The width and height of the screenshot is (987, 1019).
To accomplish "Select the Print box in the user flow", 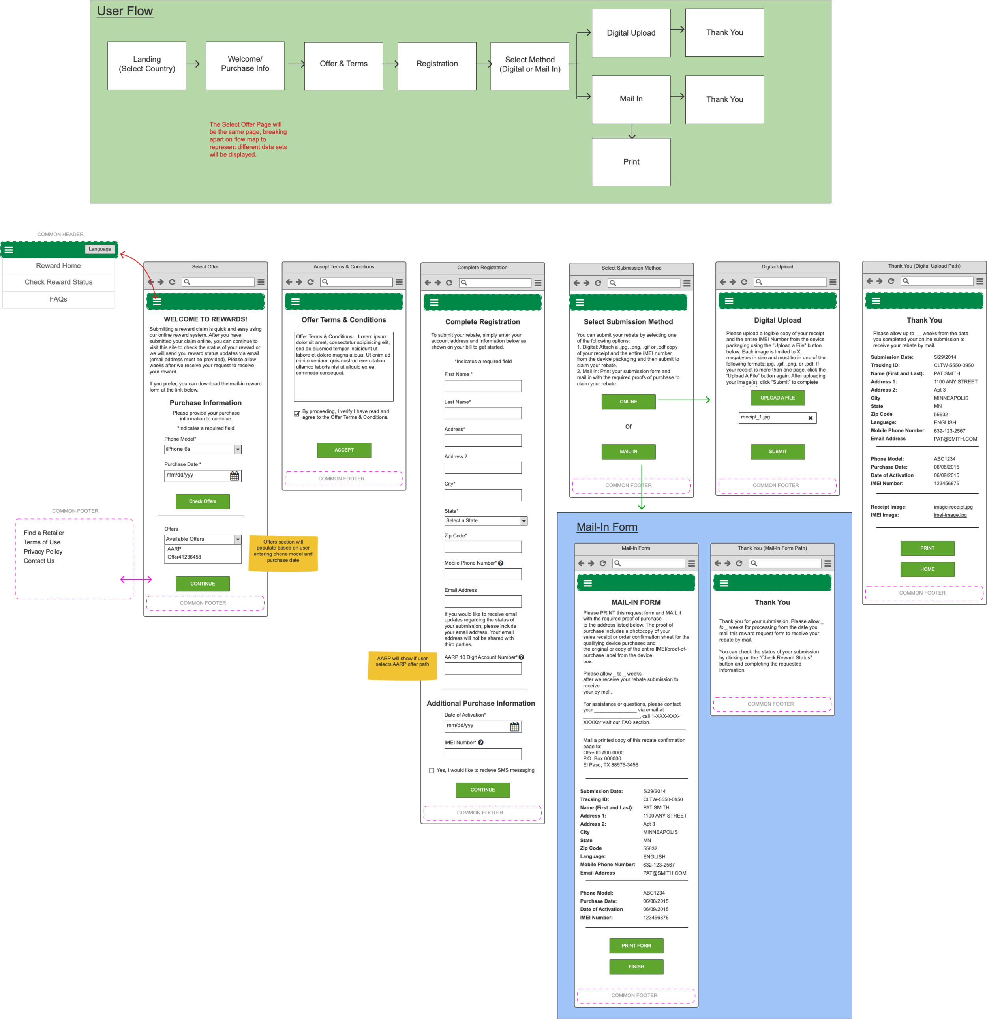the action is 631,162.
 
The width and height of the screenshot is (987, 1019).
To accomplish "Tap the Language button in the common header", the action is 99,249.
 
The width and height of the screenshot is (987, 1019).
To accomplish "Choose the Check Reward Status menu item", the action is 58,282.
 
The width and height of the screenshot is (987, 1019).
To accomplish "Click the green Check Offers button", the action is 202,501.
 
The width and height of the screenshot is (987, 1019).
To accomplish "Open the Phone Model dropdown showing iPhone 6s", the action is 238,449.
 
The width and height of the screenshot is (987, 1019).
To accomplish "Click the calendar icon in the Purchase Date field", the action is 235,476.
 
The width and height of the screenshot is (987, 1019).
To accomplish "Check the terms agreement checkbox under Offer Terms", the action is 296,414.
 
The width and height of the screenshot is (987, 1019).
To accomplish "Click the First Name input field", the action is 482,386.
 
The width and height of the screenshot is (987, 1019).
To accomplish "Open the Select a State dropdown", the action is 523,520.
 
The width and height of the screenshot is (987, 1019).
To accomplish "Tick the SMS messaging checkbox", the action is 432,771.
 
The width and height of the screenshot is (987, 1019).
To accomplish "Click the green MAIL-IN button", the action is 628,451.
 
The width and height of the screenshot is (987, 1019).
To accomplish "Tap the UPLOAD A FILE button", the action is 777,398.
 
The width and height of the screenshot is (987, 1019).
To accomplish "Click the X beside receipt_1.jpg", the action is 810,418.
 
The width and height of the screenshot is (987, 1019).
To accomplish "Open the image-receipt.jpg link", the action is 953,507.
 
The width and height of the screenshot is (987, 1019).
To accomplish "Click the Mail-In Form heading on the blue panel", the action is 607,527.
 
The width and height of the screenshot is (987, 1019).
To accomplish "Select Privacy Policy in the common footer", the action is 43,552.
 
